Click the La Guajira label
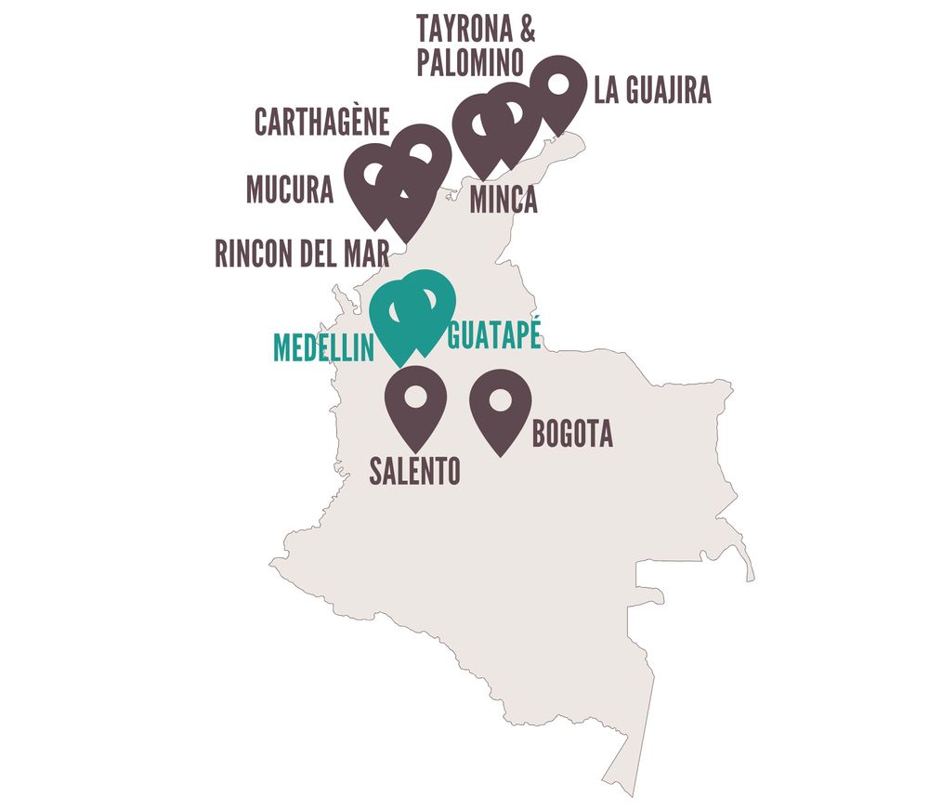tap(652, 92)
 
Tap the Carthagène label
tap(321, 123)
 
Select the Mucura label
tap(290, 190)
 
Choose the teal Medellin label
tap(323, 347)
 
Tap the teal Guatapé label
tap(494, 335)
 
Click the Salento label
tap(414, 471)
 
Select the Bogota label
tap(572, 435)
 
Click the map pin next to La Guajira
tap(557, 92)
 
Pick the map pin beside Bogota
tap(501, 409)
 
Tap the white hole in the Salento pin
tap(415, 396)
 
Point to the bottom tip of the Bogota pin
tap(501, 456)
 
